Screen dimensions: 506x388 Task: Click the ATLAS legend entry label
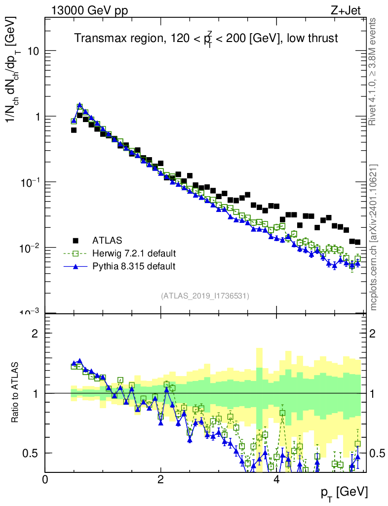[x=107, y=241]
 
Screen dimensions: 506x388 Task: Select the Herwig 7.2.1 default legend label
[x=134, y=253]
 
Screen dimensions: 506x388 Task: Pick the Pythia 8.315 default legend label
[x=134, y=266]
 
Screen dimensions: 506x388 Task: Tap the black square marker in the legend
[x=76, y=241]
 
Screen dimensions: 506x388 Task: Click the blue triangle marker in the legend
[x=76, y=266]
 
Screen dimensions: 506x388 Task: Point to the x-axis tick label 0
[x=45, y=479]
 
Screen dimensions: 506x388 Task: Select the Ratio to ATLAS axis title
[x=16, y=393]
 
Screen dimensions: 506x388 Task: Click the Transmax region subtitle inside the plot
[x=206, y=39]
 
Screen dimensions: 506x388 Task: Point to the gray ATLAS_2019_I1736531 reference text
[x=205, y=296]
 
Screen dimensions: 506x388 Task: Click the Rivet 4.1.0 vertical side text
[x=373, y=71]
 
